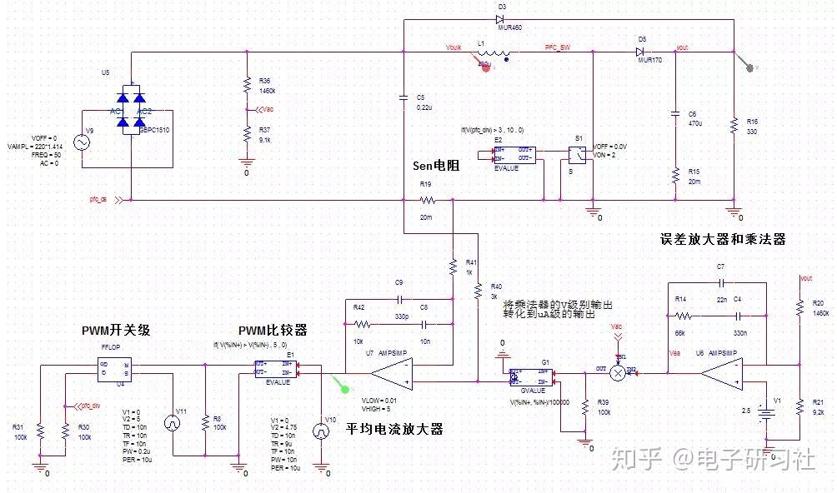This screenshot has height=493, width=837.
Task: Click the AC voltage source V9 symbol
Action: [83, 142]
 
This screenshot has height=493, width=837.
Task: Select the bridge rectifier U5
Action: [133, 109]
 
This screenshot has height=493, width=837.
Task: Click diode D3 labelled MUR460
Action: [502, 18]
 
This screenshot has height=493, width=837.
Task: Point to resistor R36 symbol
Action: [247, 84]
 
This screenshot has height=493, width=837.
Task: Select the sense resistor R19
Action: [427, 200]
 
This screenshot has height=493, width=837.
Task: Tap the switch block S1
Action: [576, 155]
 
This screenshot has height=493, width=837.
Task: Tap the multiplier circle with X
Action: [618, 374]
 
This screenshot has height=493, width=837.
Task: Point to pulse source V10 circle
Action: [320, 431]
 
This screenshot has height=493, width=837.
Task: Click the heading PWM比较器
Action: [272, 330]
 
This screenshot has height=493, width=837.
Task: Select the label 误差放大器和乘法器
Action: [722, 239]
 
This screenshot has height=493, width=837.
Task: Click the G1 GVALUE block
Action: [532, 376]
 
